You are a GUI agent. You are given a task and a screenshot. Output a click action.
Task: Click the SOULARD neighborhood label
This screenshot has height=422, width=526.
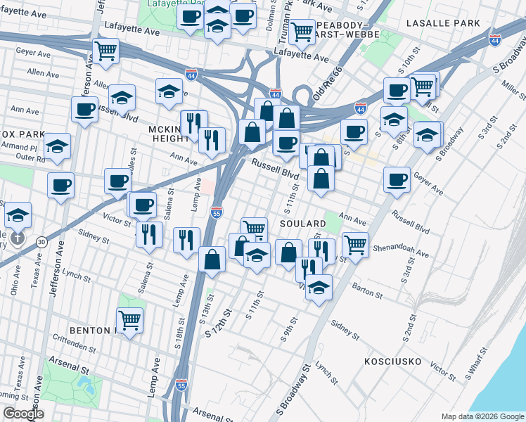(x=303, y=224)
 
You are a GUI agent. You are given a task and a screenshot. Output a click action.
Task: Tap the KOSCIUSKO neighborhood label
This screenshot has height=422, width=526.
(x=392, y=362)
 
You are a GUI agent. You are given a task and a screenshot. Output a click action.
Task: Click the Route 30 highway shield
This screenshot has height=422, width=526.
(x=42, y=241)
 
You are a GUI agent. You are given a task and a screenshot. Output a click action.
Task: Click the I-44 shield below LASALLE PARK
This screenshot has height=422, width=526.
(x=495, y=40)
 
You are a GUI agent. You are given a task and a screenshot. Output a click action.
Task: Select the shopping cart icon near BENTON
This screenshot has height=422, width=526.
(x=129, y=320)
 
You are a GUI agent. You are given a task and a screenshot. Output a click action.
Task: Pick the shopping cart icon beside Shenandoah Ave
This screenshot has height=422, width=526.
(x=356, y=245)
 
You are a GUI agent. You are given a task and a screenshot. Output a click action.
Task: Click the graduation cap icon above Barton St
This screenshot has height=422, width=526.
(x=319, y=287)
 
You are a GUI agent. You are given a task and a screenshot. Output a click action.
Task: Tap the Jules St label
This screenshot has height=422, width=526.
(x=131, y=159)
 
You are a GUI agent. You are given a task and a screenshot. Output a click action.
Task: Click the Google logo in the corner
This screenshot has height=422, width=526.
(x=23, y=414)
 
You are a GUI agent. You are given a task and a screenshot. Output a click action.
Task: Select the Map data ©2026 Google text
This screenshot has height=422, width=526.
(x=482, y=416)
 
